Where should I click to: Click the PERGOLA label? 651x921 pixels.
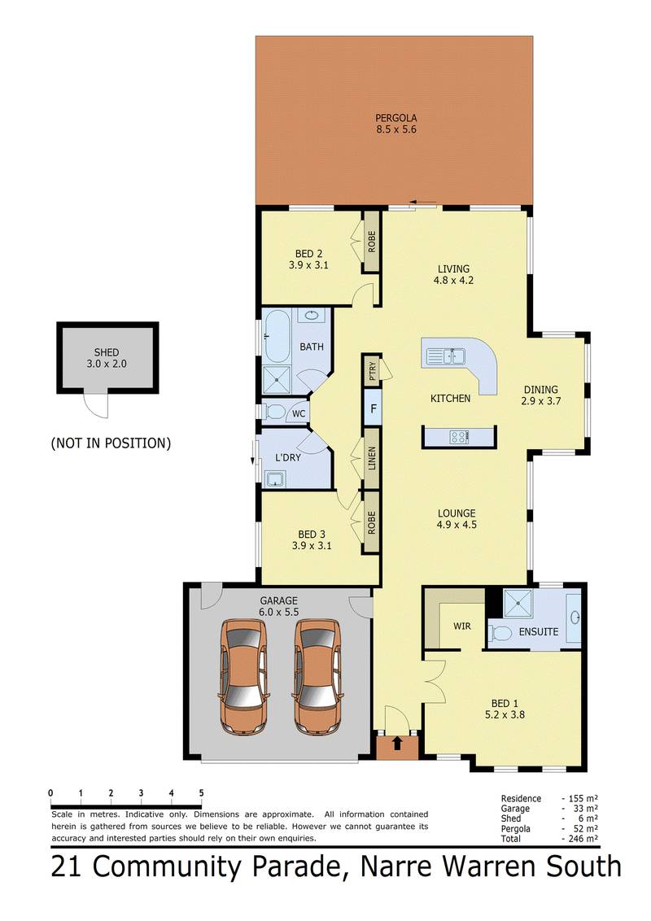tap(396, 117)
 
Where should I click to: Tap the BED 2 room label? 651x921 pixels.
tap(308, 254)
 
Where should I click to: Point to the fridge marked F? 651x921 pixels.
tap(373, 408)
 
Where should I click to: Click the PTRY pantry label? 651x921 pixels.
tap(372, 371)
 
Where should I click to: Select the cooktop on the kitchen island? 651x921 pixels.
tap(459, 436)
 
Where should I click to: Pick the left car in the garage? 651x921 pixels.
tap(243, 676)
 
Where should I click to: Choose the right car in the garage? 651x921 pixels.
tap(317, 676)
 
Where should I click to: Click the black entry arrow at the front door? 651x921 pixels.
tap(397, 743)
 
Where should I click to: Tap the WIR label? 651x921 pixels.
tap(462, 626)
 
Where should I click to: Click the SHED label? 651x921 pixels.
tap(107, 352)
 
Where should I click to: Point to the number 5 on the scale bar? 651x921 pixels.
tap(202, 793)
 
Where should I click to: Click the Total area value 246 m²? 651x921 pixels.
tap(583, 839)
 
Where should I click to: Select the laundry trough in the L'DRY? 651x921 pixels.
tap(273, 479)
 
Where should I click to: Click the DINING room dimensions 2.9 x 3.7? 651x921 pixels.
tap(540, 401)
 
